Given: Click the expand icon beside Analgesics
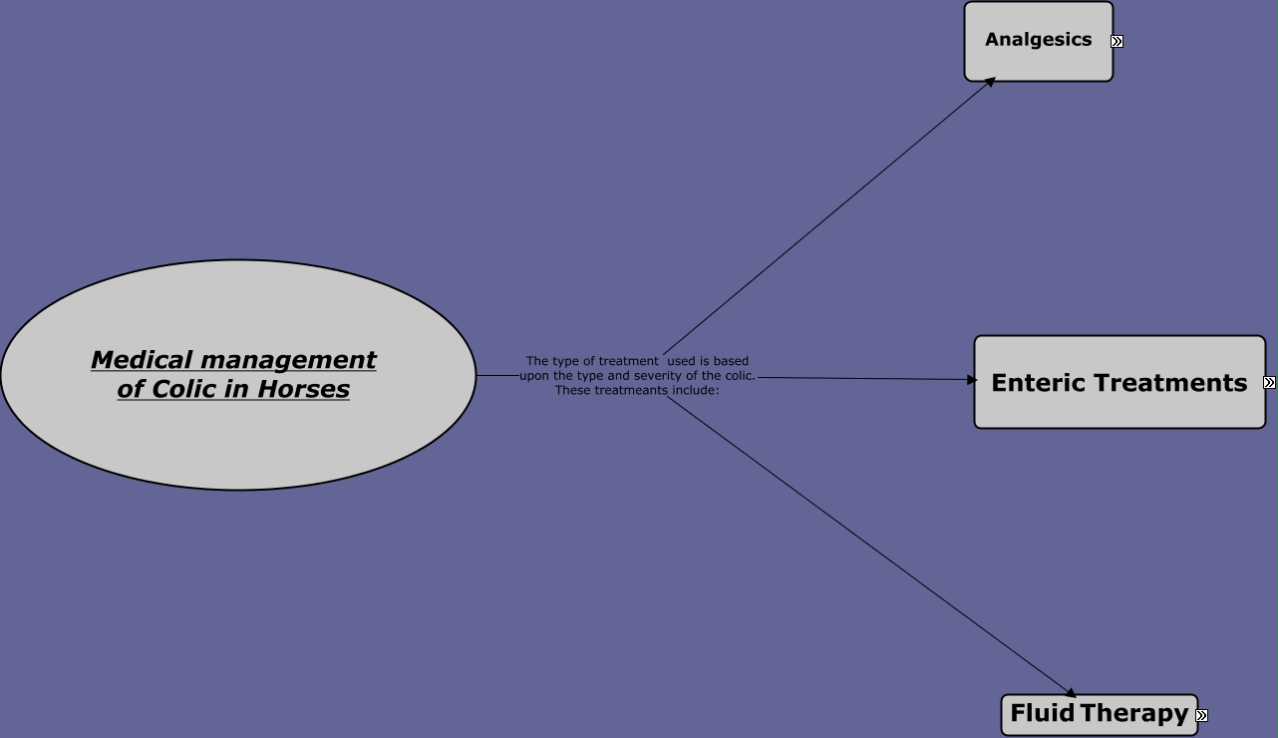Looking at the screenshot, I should click(1117, 42).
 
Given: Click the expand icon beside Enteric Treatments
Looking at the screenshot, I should click(1269, 383).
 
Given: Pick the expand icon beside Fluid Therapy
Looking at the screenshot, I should click(1201, 715).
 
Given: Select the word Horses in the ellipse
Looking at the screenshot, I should click(303, 389).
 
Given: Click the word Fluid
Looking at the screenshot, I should click(1042, 713).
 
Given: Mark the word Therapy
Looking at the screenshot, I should click(1134, 713).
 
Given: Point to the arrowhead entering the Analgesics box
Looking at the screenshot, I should click(990, 82).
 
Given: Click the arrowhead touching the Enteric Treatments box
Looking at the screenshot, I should click(972, 379).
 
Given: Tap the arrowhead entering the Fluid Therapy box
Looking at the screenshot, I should click(1071, 693).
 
